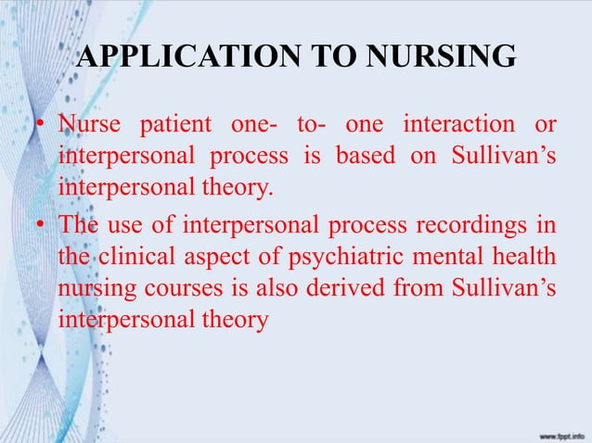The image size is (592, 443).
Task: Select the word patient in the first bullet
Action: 181,123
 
